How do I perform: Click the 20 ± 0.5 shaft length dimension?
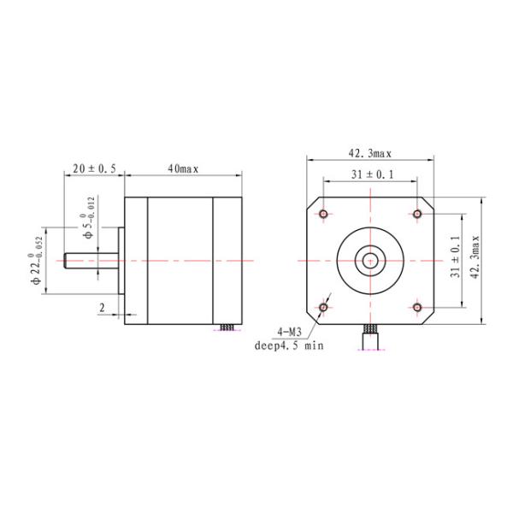[94, 169]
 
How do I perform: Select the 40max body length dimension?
[183, 169]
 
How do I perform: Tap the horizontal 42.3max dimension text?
[369, 154]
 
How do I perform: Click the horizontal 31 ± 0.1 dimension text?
[369, 175]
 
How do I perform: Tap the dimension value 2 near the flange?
[103, 306]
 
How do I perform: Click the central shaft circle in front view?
[370, 259]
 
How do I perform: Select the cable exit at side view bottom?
[227, 328]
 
